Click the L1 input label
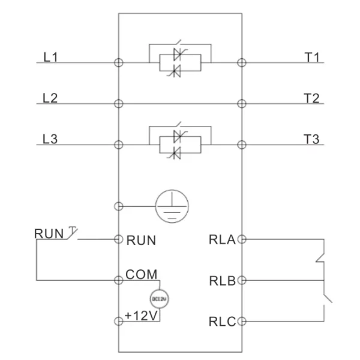(x=50, y=58)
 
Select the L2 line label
(x=50, y=98)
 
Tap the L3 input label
(x=50, y=139)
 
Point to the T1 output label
(x=312, y=58)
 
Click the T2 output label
(x=312, y=98)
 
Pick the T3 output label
(x=312, y=139)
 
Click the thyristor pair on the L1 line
(x=179, y=62)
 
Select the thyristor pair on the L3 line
(x=179, y=144)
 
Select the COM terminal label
(x=142, y=274)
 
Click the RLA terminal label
(x=223, y=239)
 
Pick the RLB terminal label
(x=223, y=280)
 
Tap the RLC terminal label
(x=223, y=320)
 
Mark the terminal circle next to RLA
(x=242, y=239)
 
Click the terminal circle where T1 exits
(x=242, y=62)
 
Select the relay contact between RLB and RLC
(x=325, y=300)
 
